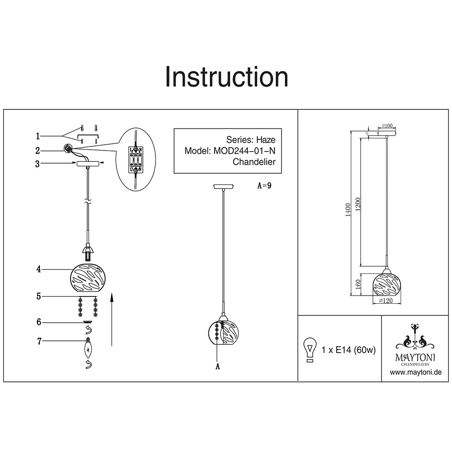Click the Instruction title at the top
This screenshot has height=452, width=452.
click(226, 77)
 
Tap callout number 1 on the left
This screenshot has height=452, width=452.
click(38, 136)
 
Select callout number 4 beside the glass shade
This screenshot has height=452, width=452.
click(38, 269)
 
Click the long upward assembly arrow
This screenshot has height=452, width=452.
click(111, 319)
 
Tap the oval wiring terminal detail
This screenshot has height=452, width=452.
click(136, 159)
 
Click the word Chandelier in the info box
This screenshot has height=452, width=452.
click(254, 162)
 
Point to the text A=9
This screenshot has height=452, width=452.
click(264, 185)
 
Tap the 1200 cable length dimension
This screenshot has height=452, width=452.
click(358, 205)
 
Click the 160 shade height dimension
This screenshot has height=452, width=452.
click(358, 285)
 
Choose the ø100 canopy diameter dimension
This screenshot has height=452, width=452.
click(387, 125)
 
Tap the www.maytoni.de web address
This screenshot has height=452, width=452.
click(415, 372)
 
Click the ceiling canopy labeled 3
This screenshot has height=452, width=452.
click(88, 164)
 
